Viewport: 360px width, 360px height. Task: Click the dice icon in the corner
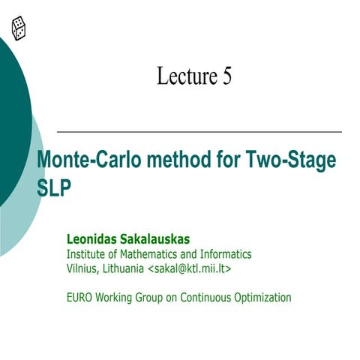click(x=19, y=28)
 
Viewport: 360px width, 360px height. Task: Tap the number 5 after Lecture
click(x=226, y=76)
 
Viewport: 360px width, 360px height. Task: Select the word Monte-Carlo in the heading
click(x=83, y=161)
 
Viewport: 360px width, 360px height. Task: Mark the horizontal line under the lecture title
click(x=199, y=130)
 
